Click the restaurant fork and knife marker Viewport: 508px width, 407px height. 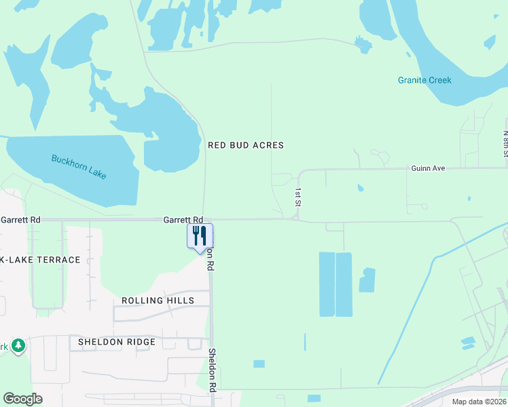(x=200, y=237)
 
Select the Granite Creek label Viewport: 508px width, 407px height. (x=424, y=80)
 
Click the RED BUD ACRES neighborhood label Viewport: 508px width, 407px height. (x=245, y=145)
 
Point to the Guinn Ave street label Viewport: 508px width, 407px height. (x=427, y=168)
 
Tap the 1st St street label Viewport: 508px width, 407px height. (x=297, y=197)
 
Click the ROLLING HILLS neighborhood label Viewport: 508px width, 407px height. (x=158, y=301)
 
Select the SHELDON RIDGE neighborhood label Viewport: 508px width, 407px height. (x=117, y=342)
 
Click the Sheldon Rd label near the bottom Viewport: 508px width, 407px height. (x=213, y=370)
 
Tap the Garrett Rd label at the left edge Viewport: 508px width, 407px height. (x=20, y=220)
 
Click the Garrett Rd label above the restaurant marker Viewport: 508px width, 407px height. (x=183, y=220)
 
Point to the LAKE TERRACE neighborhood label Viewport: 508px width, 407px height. (x=42, y=260)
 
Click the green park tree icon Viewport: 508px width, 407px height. (x=19, y=346)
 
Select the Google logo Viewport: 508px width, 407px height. (x=22, y=399)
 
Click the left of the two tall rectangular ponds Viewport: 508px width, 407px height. (x=327, y=284)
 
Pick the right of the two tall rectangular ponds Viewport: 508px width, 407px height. (x=344, y=284)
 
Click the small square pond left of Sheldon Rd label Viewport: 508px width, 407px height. (x=259, y=364)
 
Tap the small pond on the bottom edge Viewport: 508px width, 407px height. (x=314, y=398)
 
